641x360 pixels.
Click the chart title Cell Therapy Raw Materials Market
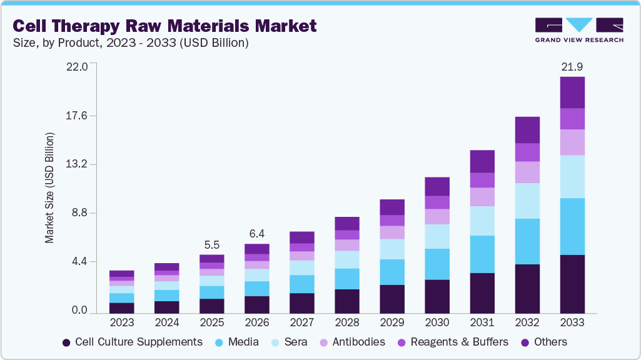164,26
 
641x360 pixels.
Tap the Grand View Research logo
579,29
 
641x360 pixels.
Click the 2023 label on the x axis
121,322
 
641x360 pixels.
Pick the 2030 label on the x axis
437,322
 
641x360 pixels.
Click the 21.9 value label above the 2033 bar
572,66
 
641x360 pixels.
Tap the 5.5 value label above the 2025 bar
211,244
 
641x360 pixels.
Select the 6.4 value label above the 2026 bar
256,234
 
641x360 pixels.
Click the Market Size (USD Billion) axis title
49,187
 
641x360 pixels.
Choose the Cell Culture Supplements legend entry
132,342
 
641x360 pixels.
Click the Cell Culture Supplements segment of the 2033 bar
572,284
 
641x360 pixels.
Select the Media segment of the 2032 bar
527,241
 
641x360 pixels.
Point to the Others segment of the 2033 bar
572,92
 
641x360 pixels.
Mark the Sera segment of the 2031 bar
482,221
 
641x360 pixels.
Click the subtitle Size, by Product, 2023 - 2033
131,43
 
